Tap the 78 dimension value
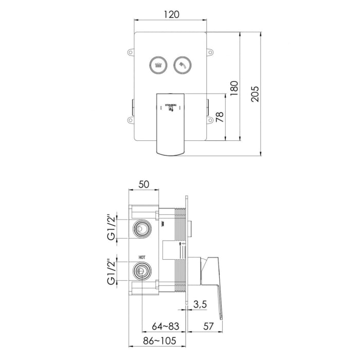point(220,117)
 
